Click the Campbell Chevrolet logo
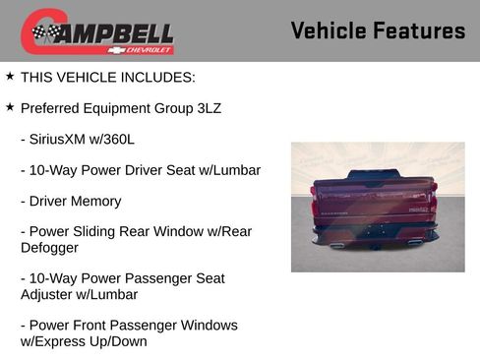(x=97, y=31)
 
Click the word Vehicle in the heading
(x=329, y=30)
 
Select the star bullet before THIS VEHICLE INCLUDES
(x=10, y=76)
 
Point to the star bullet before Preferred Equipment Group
(x=10, y=107)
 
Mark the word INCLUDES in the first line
(x=158, y=77)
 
